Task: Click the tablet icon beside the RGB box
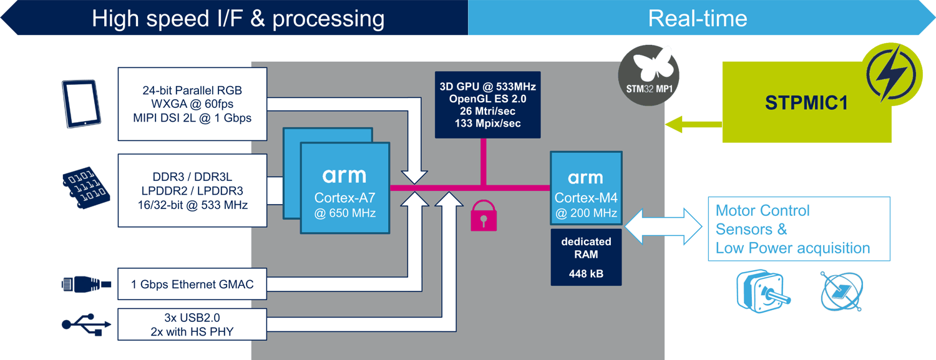tap(80, 104)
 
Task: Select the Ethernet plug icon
tap(86, 285)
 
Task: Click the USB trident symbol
tap(87, 324)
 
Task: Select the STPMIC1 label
tap(806, 103)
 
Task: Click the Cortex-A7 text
tap(344, 198)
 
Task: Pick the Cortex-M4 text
tap(585, 198)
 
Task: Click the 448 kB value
tap(586, 273)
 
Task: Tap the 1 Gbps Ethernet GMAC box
tap(192, 285)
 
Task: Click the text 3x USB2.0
tap(192, 318)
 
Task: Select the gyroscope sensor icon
tap(842, 291)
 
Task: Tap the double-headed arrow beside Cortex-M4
tap(663, 226)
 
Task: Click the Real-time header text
tap(697, 18)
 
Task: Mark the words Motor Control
tap(762, 210)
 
